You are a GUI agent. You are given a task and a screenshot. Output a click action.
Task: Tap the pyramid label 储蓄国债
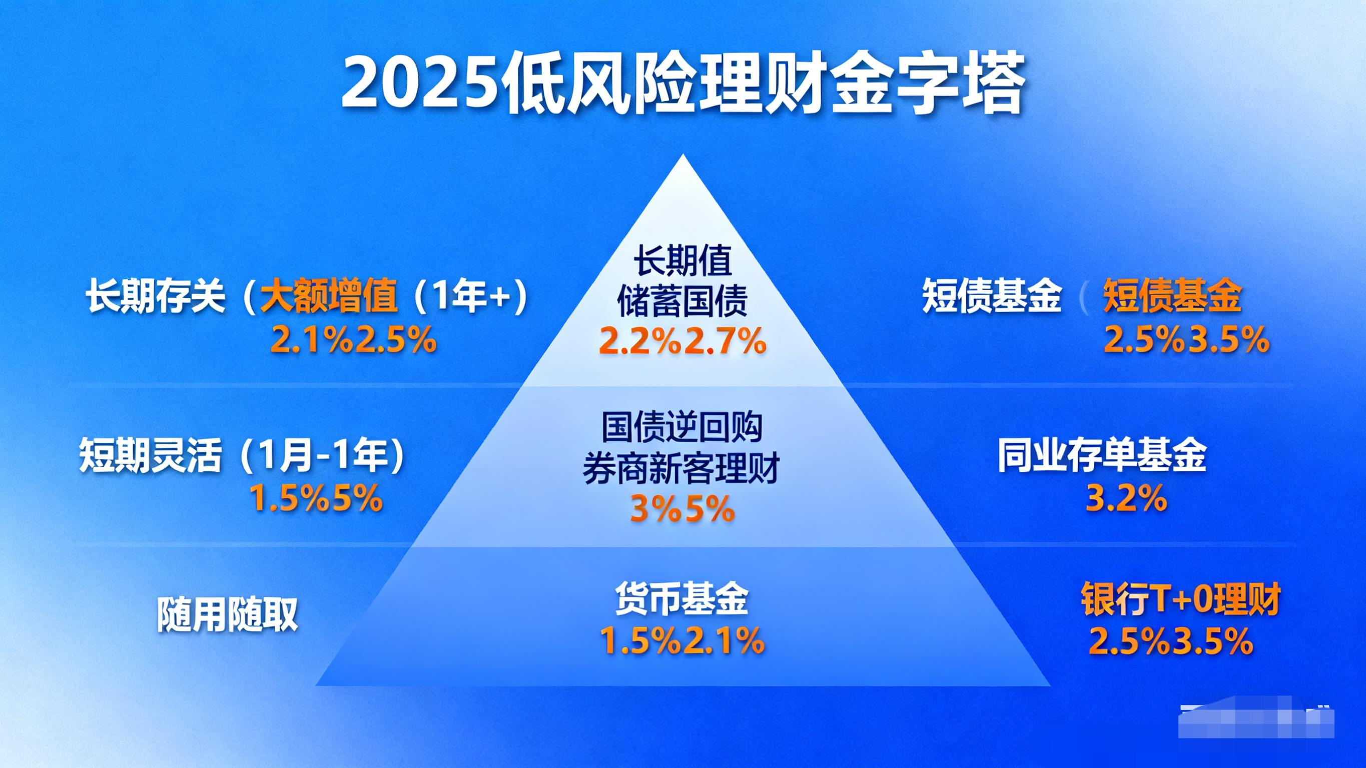pyautogui.click(x=682, y=301)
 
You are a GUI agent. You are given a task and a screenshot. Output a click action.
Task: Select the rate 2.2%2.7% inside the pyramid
pyautogui.click(x=682, y=341)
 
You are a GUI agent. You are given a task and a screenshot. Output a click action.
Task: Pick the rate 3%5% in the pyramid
pyautogui.click(x=682, y=508)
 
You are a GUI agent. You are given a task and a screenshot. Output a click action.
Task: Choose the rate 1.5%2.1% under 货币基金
pyautogui.click(x=682, y=640)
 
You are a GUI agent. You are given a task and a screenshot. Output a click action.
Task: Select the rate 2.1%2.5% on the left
pyautogui.click(x=353, y=339)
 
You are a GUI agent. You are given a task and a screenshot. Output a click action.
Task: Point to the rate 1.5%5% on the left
pyautogui.click(x=316, y=498)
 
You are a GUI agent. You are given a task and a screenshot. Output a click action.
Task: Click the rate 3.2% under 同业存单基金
pyautogui.click(x=1126, y=498)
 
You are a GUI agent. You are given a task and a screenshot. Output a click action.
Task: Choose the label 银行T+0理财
pyautogui.click(x=1181, y=599)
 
